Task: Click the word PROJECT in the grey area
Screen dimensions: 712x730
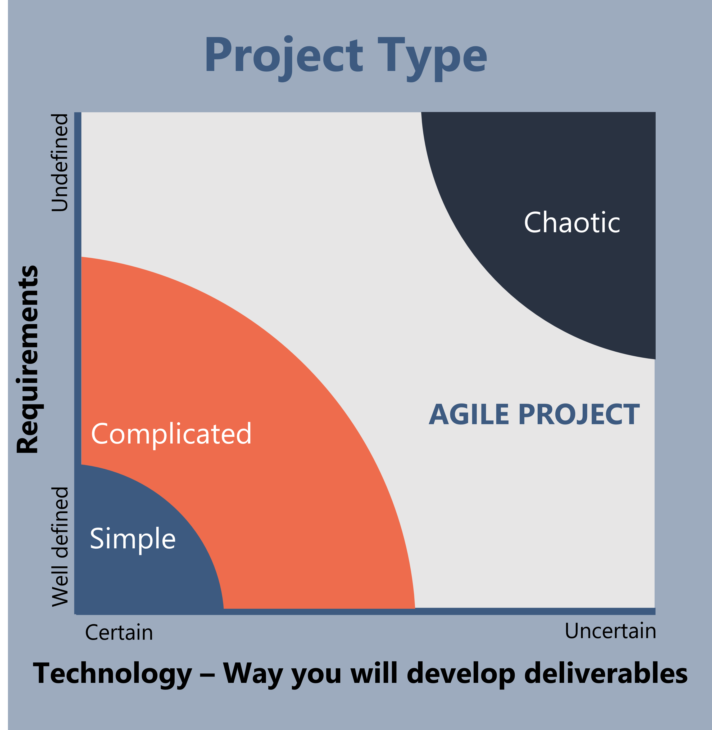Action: coord(579,415)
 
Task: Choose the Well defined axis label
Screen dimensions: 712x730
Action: coord(60,547)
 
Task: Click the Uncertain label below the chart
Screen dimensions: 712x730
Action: coord(610,631)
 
